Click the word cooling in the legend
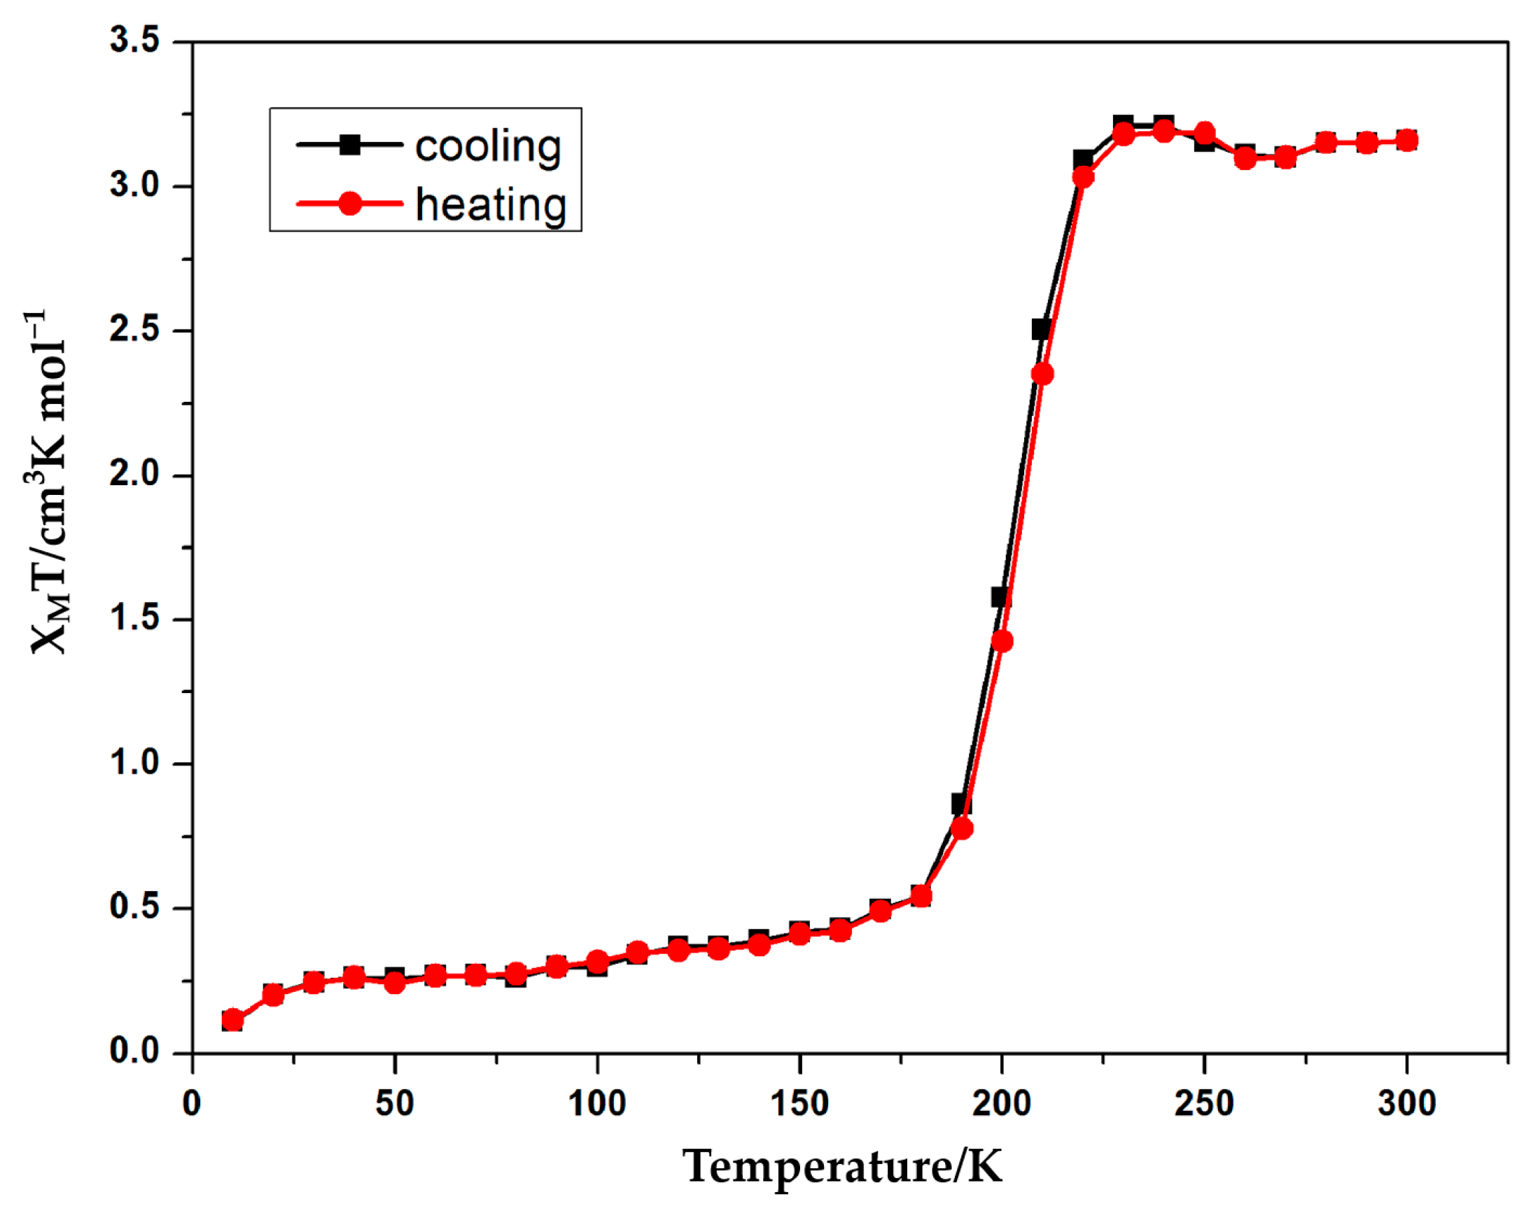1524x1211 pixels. tap(488, 146)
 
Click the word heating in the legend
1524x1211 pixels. tap(491, 205)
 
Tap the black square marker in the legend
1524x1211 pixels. tap(350, 145)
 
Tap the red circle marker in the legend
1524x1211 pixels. tap(350, 204)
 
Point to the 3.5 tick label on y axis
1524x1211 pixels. tap(135, 41)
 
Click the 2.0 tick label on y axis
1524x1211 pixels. tap(135, 475)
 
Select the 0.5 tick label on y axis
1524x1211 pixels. tap(135, 908)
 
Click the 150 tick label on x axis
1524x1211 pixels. tap(799, 1103)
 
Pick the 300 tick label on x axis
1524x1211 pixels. tap(1406, 1103)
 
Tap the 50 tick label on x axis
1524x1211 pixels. tap(394, 1103)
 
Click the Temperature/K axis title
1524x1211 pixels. tap(842, 1167)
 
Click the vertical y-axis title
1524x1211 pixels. tap(48, 481)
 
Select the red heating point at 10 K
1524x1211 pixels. tap(232, 1020)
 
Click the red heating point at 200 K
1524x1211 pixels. tap(1002, 641)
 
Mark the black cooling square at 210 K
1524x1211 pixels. tap(1040, 330)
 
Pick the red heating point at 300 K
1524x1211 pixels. tap(1407, 140)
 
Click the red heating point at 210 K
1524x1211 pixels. tap(1042, 374)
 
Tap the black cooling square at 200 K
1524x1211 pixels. tap(1000, 597)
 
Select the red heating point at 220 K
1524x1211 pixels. tap(1083, 176)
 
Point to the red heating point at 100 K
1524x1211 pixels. tap(597, 960)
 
